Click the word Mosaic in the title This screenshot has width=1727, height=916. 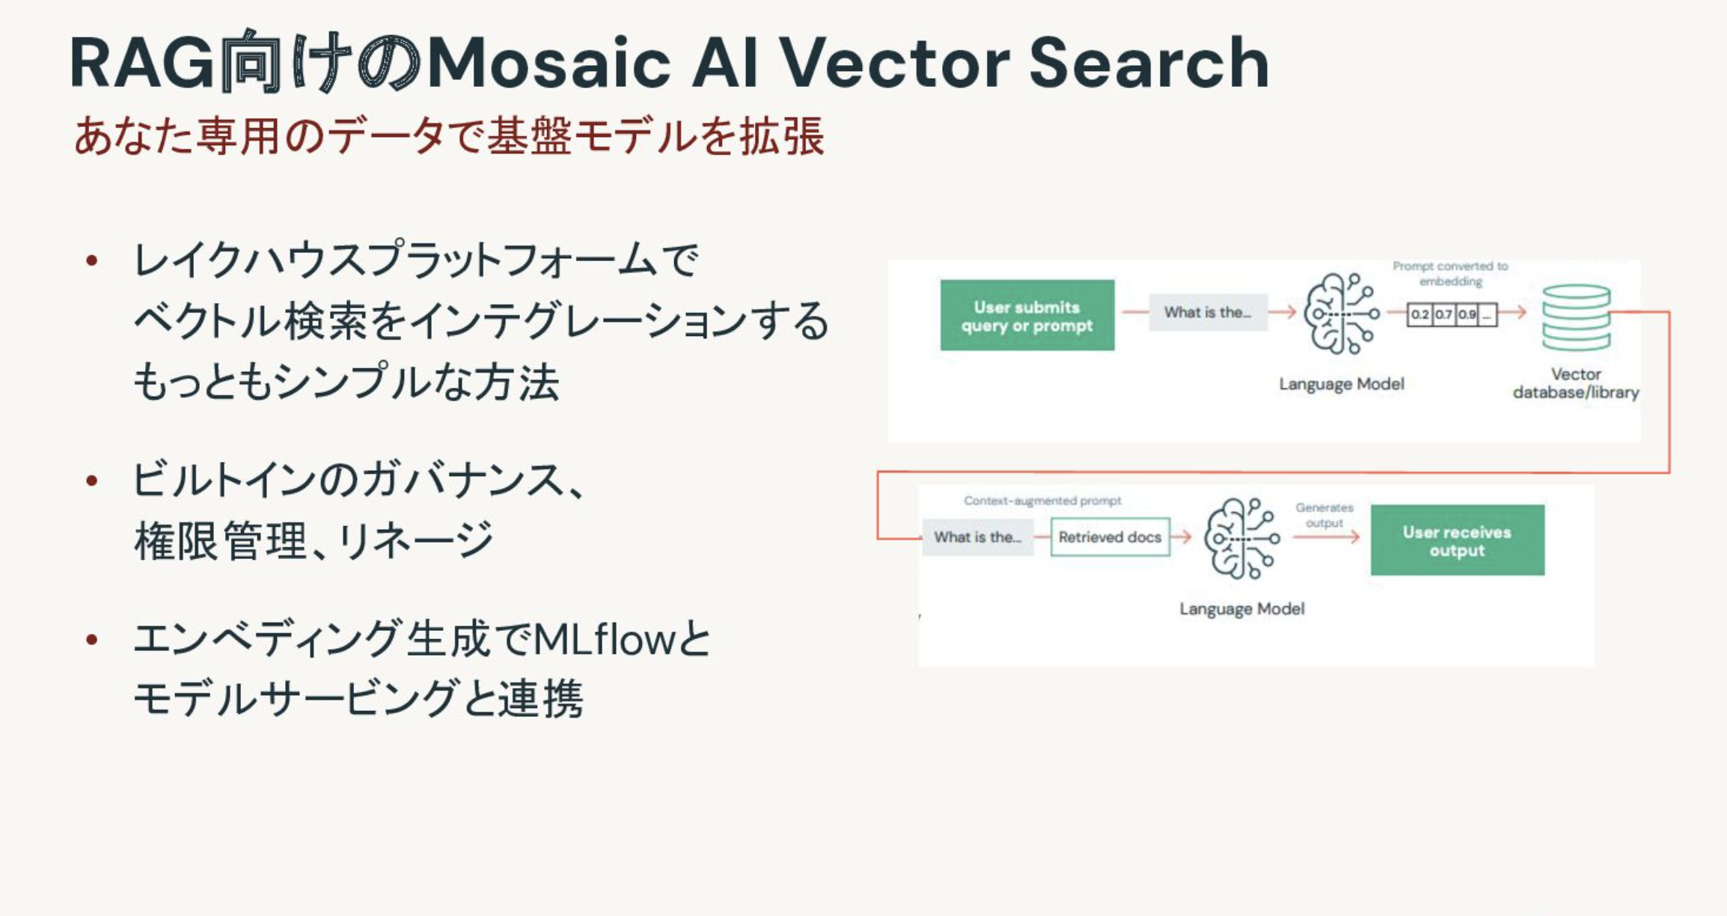click(x=548, y=63)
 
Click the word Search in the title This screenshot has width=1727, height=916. click(x=1149, y=63)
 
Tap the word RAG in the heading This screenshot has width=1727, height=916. click(x=142, y=63)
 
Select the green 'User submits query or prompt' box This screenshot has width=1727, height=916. click(x=1027, y=315)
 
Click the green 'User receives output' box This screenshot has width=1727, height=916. click(x=1457, y=540)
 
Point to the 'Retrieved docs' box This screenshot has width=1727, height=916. click(x=1110, y=537)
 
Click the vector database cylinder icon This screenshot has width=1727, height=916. click(x=1576, y=317)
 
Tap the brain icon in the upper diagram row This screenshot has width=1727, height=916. click(x=1341, y=314)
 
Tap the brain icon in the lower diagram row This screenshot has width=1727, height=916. click(x=1241, y=539)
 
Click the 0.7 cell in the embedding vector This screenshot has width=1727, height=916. click(x=1444, y=314)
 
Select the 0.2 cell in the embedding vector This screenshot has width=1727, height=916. click(x=1420, y=314)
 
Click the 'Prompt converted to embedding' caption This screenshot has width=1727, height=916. click(x=1450, y=274)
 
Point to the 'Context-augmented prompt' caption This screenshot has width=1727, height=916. click(x=1042, y=501)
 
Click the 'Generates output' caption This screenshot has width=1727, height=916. click(x=1324, y=515)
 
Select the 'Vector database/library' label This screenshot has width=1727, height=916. click(x=1576, y=383)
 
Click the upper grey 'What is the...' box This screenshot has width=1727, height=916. click(x=1208, y=312)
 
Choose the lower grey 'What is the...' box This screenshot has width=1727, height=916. click(x=977, y=537)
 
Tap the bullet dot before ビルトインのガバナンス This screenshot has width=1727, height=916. click(x=92, y=480)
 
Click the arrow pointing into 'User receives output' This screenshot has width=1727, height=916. click(x=1326, y=537)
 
